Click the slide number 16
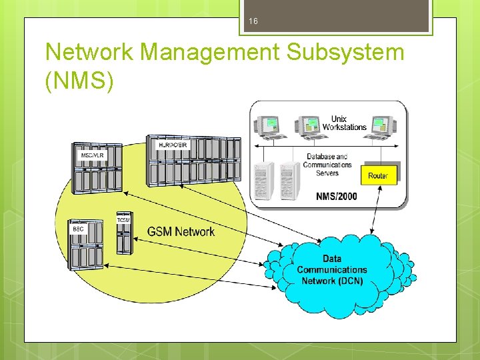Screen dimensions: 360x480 click(253, 22)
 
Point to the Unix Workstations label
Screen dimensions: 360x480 click(344, 123)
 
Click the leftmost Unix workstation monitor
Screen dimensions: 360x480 click(269, 125)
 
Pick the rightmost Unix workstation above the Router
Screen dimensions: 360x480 click(381, 125)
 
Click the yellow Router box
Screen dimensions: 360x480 click(378, 175)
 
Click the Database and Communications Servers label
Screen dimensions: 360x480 click(327, 165)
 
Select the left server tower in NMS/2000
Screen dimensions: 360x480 click(264, 180)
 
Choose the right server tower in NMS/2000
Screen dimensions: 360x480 click(289, 180)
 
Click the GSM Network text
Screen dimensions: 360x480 click(181, 232)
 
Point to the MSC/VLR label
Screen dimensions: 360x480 click(91, 156)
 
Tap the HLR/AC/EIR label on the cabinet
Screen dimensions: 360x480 click(173, 145)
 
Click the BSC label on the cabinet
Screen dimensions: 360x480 click(79, 229)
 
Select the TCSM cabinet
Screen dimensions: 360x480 click(124, 234)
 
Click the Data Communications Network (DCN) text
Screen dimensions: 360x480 click(332, 269)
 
